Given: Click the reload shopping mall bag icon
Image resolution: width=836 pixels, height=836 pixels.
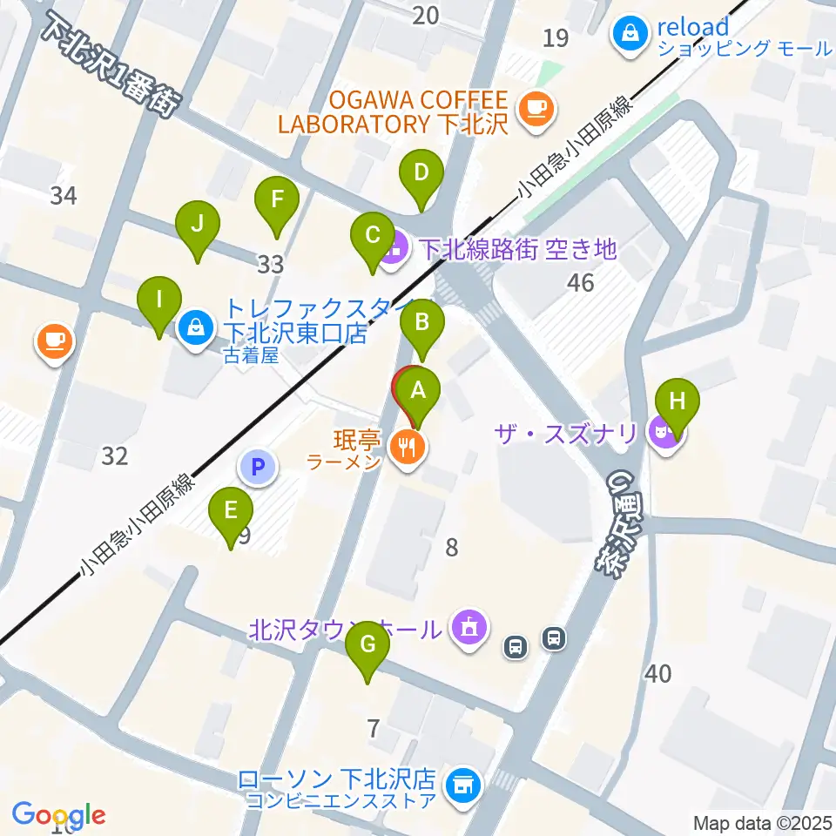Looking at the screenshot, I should pos(628,34).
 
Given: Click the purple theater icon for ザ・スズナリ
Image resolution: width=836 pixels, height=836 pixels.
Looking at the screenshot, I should pos(663,431).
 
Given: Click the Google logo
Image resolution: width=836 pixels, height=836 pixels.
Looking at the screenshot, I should pos(59,816).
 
